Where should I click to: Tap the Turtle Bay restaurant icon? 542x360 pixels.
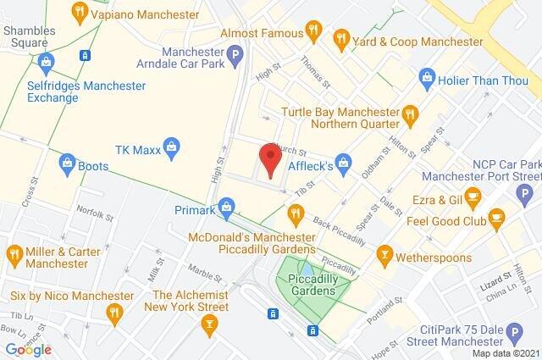point(409,113)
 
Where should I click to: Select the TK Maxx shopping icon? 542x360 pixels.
point(172,147)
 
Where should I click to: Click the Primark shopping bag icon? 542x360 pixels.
point(226,204)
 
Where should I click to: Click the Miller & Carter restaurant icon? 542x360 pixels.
point(15,253)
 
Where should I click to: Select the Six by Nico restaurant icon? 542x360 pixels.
point(113,312)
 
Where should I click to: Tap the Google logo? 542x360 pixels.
point(28,350)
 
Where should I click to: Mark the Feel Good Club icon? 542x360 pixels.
point(496,218)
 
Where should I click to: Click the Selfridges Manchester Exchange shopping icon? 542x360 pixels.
point(46,60)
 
